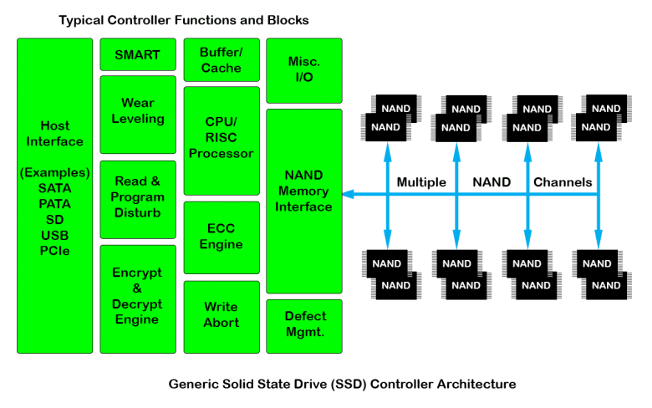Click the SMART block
click(x=137, y=55)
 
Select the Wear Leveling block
click(x=137, y=111)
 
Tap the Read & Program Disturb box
click(x=137, y=196)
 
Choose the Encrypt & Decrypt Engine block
click(x=137, y=296)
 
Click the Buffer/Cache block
click(x=221, y=59)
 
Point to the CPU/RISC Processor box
click(x=221, y=138)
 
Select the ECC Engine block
click(x=221, y=237)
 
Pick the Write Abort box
click(x=221, y=315)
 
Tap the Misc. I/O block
click(x=303, y=69)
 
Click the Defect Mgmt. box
click(x=303, y=324)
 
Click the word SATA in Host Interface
click(x=54, y=188)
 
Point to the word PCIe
click(x=54, y=251)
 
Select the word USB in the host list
click(x=54, y=235)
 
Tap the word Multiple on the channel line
click(x=421, y=182)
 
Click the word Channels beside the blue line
click(x=563, y=182)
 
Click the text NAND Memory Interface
click(x=303, y=191)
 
